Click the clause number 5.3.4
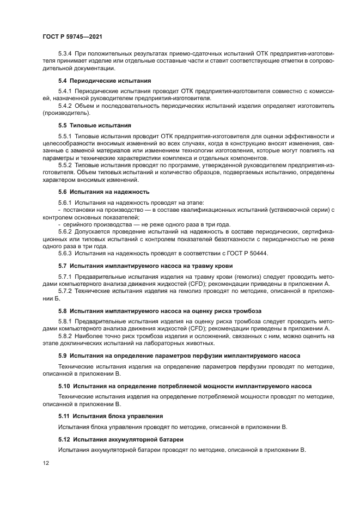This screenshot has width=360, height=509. click(x=65, y=54)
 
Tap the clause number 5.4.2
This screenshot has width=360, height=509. click(x=65, y=106)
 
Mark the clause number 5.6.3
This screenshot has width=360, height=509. click(x=65, y=254)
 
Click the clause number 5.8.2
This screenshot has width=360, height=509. click(x=65, y=336)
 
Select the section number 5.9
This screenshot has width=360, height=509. click(x=63, y=355)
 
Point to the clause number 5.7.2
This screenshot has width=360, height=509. click(x=65, y=292)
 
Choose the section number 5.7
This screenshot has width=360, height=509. click(x=63, y=266)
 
